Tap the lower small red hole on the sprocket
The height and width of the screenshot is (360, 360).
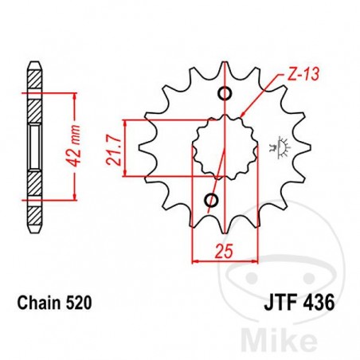pyautogui.click(x=211, y=198)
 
